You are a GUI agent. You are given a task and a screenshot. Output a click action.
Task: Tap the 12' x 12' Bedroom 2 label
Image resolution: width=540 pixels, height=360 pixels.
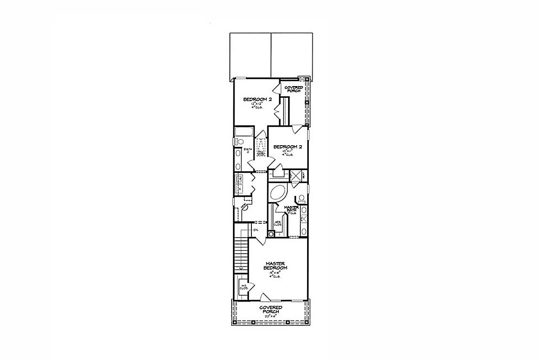(257, 100)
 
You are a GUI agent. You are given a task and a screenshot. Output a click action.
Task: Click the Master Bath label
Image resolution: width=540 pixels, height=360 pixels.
(291, 208)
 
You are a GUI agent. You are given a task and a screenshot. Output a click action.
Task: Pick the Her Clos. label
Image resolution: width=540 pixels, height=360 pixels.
(278, 223)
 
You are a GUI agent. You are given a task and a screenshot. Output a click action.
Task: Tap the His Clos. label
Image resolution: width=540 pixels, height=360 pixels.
(243, 288)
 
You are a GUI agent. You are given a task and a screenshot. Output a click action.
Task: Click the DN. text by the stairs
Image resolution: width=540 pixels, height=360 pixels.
(256, 230)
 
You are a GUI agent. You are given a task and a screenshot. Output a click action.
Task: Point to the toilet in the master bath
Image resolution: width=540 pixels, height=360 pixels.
(302, 198)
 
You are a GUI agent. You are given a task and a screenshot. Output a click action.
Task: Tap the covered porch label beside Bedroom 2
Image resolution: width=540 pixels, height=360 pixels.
(294, 89)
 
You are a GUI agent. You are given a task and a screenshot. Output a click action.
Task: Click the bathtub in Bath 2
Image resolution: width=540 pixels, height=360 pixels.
(244, 131)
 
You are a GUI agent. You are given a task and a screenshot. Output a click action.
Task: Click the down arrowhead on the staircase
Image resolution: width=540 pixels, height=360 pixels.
(240, 268)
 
